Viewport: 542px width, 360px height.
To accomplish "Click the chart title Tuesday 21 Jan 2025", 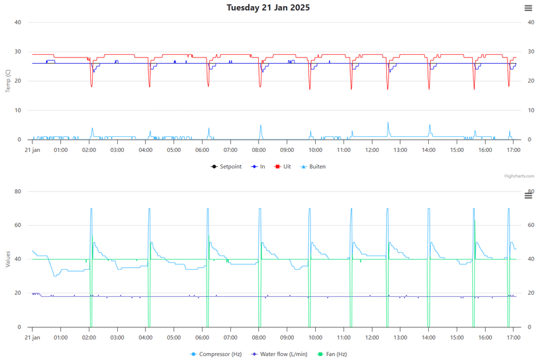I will click(269, 7).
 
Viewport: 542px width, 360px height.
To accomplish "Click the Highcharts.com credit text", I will click(519, 176).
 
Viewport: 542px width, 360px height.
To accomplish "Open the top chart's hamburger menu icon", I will click(528, 7).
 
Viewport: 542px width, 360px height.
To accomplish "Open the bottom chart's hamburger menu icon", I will click(528, 195).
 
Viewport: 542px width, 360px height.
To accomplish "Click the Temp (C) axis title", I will click(7, 81).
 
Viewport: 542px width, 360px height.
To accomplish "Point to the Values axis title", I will click(7, 260).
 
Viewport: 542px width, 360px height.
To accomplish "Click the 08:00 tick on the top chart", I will click(259, 150).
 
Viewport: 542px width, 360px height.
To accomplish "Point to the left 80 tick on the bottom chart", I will click(18, 191).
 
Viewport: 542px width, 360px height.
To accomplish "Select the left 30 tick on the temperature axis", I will click(18, 52).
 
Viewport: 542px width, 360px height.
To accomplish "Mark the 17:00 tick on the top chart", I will click(514, 150).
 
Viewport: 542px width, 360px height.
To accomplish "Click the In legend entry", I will click(257, 166).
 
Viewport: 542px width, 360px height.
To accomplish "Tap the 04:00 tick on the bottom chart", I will click(146, 338).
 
